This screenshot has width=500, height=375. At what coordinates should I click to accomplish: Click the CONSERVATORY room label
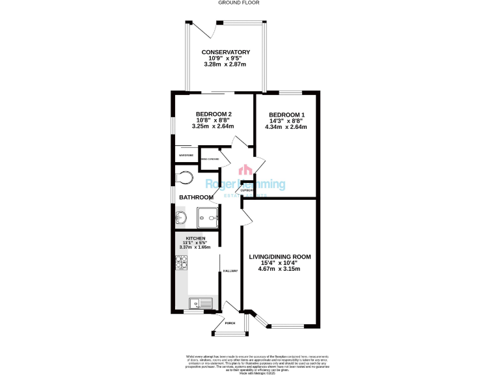[225, 52]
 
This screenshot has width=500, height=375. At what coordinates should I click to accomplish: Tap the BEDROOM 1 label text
[286, 115]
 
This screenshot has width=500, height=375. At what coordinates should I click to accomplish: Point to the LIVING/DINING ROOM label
[280, 257]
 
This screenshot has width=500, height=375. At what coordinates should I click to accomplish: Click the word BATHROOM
[197, 197]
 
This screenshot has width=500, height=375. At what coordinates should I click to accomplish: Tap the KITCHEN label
[195, 239]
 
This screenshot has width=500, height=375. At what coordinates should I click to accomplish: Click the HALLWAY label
[230, 271]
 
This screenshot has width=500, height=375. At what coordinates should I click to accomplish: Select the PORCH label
[229, 323]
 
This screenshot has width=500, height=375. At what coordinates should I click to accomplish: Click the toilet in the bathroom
[184, 176]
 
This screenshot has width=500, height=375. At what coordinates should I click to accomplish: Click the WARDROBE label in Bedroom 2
[186, 156]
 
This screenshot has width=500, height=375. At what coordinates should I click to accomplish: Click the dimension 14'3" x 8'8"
[286, 120]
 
